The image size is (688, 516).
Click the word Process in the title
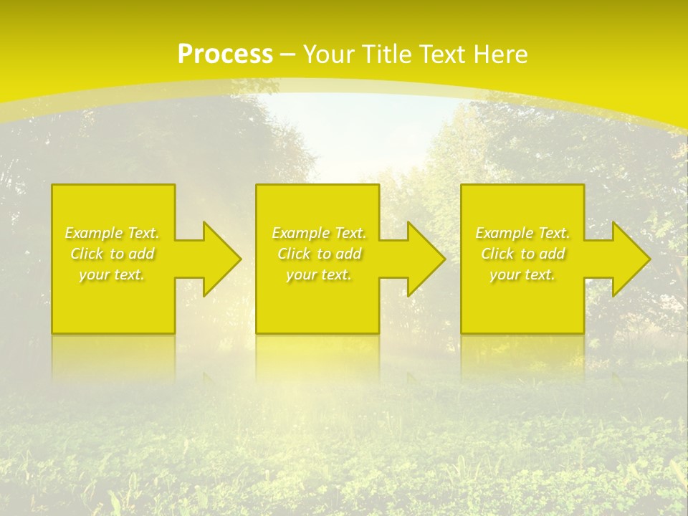pyautogui.click(x=225, y=54)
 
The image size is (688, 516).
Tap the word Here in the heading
pyautogui.click(x=501, y=54)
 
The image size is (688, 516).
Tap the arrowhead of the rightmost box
pyautogui.click(x=634, y=259)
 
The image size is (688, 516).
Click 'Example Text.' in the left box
pyautogui.click(x=112, y=233)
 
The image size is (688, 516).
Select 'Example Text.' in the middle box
pyautogui.click(x=319, y=233)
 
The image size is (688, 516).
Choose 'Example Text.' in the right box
pyautogui.click(x=522, y=233)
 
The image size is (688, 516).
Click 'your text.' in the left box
pyautogui.click(x=112, y=274)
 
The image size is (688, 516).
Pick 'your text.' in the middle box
pyautogui.click(x=319, y=274)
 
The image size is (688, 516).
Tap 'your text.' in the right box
pyautogui.click(x=522, y=274)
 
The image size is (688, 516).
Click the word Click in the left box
pyautogui.click(x=87, y=254)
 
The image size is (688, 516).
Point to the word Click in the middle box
pyautogui.click(x=294, y=254)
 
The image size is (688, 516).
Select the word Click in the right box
pyautogui.click(x=497, y=254)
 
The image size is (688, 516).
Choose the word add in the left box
pyautogui.click(x=141, y=254)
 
